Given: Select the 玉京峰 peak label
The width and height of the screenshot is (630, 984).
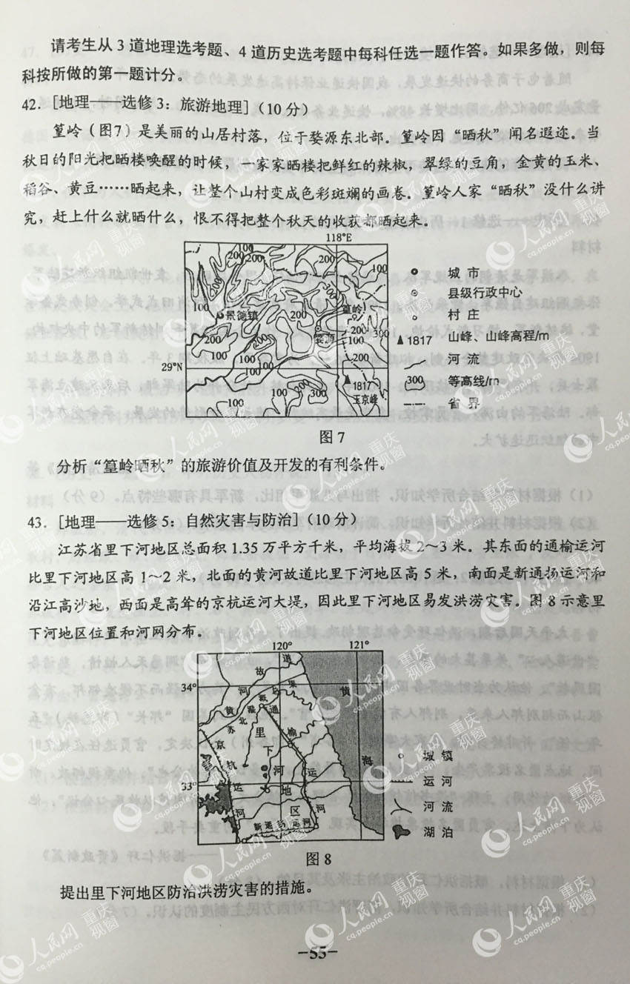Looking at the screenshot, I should [x=363, y=397].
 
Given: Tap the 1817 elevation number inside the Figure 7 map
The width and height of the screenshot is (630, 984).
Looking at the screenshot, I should [x=362, y=385].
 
